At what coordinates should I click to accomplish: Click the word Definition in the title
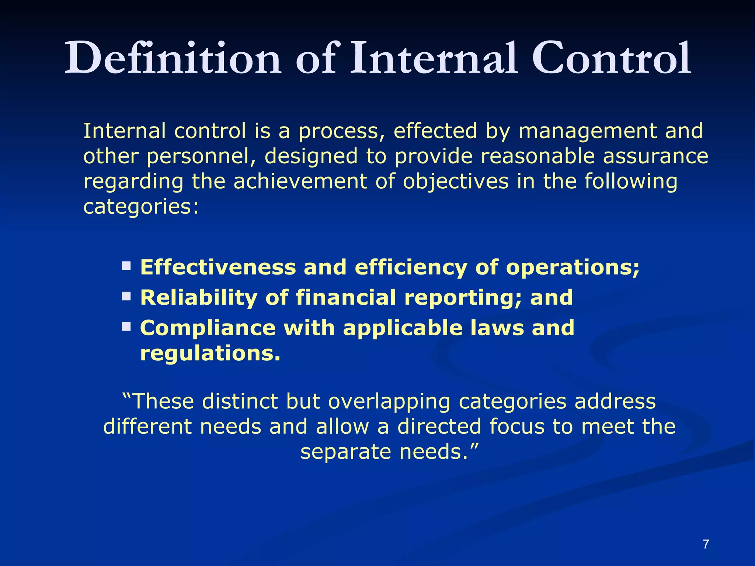[173, 58]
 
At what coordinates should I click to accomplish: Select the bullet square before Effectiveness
[126, 265]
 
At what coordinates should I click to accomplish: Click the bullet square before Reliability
[126, 296]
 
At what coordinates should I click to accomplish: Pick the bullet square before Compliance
[126, 326]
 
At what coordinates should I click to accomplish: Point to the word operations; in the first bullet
[573, 268]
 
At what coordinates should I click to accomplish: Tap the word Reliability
[199, 298]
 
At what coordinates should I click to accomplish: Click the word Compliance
[208, 328]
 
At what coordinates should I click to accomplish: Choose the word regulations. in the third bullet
[210, 354]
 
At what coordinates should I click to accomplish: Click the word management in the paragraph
[588, 132]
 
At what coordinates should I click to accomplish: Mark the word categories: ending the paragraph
[141, 207]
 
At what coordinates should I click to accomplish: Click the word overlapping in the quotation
[389, 402]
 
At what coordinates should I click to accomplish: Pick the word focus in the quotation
[517, 427]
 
